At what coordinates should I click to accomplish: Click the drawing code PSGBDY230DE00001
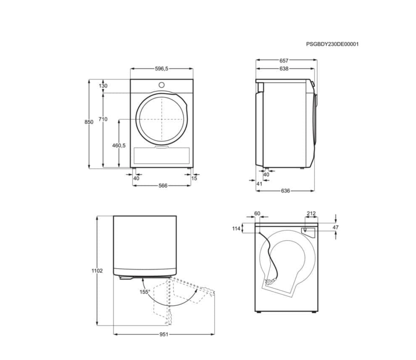[x=332, y=44]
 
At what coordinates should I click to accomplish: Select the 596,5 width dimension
[x=161, y=69]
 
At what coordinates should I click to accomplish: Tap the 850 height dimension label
[x=89, y=122]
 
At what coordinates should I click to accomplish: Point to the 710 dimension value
[x=103, y=119]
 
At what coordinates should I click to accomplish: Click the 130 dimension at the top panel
[x=103, y=86]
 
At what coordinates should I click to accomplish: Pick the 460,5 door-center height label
[x=119, y=145]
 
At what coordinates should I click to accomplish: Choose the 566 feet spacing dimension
[x=163, y=185]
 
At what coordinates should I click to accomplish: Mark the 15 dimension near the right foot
[x=194, y=178]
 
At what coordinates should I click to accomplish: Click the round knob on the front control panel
[x=161, y=85]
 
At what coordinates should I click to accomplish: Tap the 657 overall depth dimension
[x=284, y=60]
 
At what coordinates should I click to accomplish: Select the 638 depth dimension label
[x=284, y=69]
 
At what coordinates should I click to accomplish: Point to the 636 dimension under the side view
[x=285, y=191]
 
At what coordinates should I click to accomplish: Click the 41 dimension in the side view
[x=259, y=184]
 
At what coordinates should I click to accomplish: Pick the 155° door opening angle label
[x=145, y=292]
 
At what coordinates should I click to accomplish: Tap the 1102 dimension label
[x=97, y=271]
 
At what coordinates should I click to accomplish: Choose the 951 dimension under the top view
[x=164, y=334]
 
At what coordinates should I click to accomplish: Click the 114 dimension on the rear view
[x=236, y=229]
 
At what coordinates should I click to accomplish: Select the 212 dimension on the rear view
[x=311, y=214]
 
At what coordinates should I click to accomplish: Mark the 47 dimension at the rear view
[x=335, y=227]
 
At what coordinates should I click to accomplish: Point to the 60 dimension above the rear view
[x=257, y=214]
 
